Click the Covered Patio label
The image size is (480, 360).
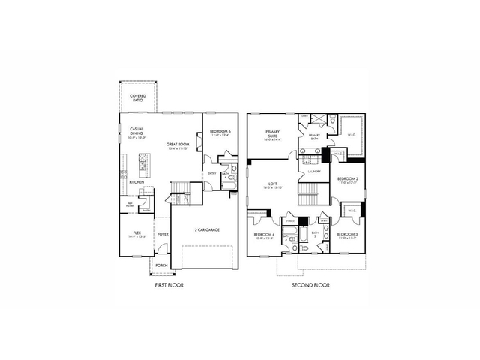pos(137,97)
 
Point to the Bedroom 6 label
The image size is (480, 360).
pos(220,132)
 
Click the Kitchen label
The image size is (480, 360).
pos(136,182)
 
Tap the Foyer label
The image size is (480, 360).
pos(163,234)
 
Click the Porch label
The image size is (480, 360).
pos(162,265)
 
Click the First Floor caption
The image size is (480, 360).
pos(169,286)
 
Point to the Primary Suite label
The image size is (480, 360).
pos(272,135)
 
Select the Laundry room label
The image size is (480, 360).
pos(314,172)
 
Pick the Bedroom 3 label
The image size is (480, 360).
pos(346,235)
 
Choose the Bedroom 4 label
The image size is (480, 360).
pos(266,235)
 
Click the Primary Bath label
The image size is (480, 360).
pos(314,136)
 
